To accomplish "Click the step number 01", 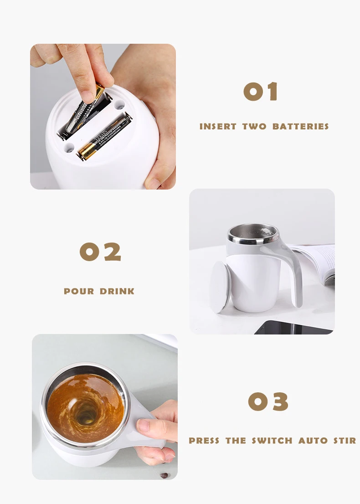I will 261,92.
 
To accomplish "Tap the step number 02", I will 100,252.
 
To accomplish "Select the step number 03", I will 268,401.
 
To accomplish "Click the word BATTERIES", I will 300,127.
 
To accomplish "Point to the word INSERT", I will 218,127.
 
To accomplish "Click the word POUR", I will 79,291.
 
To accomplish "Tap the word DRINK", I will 118,291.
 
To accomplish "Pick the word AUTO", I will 313,441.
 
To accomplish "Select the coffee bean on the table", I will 164,475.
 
